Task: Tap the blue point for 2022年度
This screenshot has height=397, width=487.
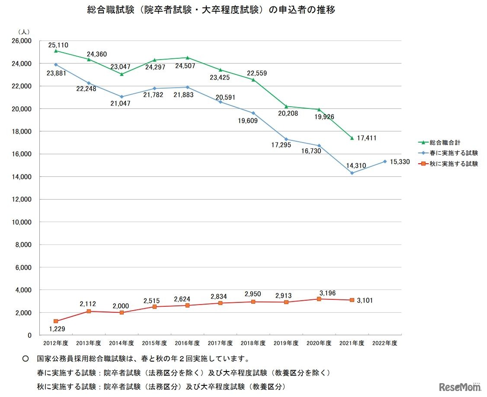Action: pyautogui.click(x=384, y=162)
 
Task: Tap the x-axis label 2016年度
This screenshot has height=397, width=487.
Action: pyautogui.click(x=187, y=343)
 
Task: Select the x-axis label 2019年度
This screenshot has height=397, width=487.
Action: pyautogui.click(x=286, y=343)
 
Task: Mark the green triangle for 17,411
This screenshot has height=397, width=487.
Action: pyautogui.click(x=352, y=138)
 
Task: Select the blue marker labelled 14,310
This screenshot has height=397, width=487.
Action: pyautogui.click(x=352, y=173)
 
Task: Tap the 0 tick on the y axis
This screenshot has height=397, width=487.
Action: pyautogui.click(x=29, y=335)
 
